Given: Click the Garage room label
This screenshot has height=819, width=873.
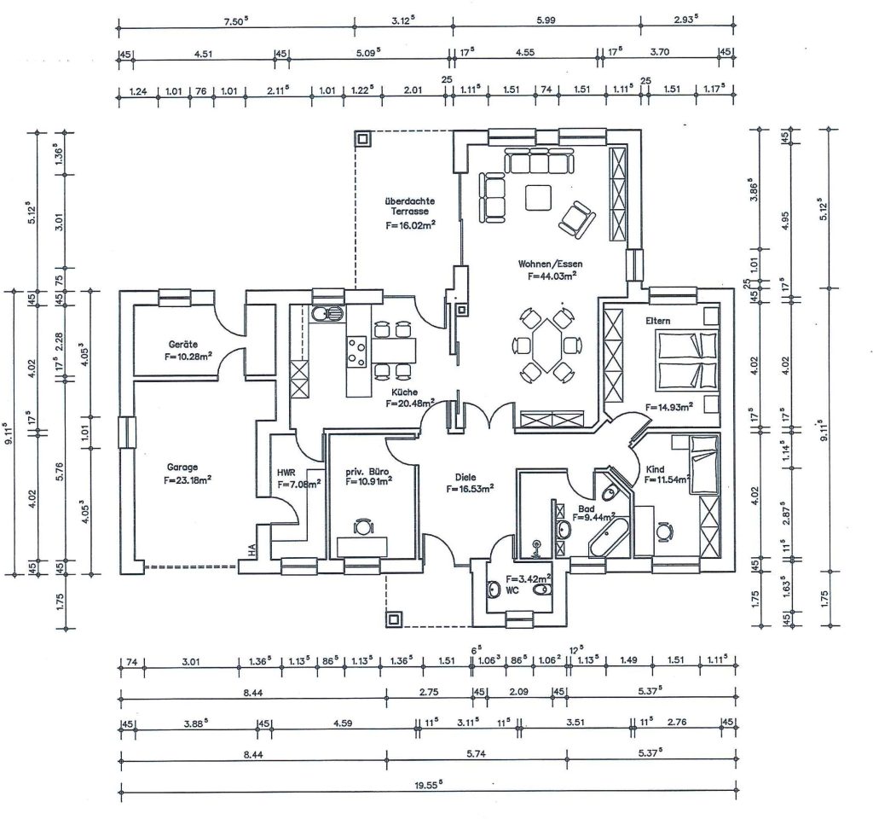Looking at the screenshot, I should (182, 467).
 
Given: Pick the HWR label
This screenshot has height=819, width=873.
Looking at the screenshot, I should (286, 472).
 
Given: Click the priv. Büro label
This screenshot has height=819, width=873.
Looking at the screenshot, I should (368, 470).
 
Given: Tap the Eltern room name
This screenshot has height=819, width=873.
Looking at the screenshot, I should (658, 320).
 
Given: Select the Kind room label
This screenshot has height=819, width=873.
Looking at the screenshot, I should (656, 470).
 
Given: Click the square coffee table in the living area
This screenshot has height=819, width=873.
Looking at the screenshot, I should (539, 197).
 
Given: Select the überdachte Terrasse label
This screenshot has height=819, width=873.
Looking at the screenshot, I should (410, 205).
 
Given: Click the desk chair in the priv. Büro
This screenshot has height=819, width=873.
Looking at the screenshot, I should (363, 527).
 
